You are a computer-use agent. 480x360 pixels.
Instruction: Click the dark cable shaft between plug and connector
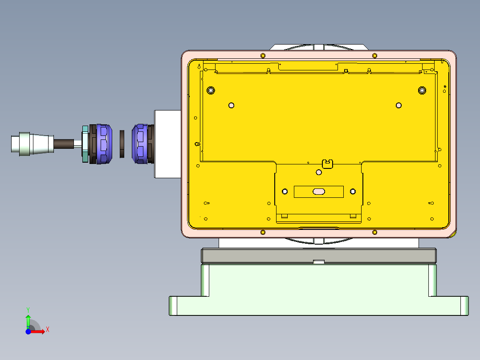click(64, 143)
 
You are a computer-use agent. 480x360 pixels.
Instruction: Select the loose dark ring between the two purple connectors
click(123, 144)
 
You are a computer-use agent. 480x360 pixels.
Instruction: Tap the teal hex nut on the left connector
click(85, 144)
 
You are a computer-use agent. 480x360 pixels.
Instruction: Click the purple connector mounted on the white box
click(140, 143)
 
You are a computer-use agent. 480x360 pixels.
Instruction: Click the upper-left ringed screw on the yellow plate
click(211, 90)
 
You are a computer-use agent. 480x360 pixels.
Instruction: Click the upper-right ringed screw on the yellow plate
click(422, 90)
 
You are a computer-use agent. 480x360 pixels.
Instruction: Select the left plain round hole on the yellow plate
click(231, 106)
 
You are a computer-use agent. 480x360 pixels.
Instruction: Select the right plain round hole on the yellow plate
click(399, 106)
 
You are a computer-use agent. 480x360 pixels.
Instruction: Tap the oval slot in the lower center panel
click(319, 192)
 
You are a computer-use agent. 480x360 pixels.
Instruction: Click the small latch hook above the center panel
click(328, 164)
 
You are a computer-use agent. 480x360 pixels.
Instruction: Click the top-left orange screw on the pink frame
click(263, 55)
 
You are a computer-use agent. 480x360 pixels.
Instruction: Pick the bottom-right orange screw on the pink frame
click(374, 232)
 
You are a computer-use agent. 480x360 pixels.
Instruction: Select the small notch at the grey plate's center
click(318, 262)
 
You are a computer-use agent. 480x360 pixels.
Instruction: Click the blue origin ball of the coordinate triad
click(28, 331)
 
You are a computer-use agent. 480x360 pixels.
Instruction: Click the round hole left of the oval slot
click(285, 192)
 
